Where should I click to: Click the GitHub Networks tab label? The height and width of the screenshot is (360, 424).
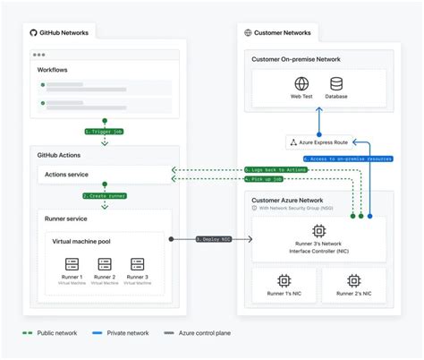63,33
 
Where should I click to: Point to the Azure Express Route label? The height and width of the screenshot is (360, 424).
321,141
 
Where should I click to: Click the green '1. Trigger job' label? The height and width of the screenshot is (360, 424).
105,131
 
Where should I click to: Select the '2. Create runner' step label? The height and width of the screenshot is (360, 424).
105,194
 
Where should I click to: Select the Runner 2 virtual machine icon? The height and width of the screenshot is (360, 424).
106,265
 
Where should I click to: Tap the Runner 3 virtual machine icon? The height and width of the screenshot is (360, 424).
137,265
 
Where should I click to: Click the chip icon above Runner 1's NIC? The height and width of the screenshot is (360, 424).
284,280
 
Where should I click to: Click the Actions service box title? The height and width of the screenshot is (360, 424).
67,174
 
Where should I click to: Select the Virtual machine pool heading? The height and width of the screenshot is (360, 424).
81,241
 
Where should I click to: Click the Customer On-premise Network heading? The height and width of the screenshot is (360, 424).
296,59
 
